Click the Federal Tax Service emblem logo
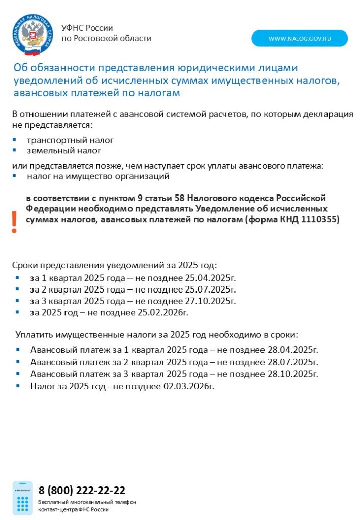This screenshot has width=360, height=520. coord(32,35)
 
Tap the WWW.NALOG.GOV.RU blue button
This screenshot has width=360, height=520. coord(300,39)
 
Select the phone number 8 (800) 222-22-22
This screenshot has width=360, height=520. coord(82,490)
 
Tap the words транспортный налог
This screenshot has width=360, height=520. coord(70,140)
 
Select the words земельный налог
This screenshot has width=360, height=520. coord(64,151)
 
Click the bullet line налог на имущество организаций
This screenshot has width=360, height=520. coord(98,176)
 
